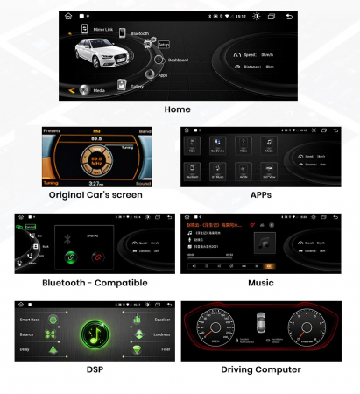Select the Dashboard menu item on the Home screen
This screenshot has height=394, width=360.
158,60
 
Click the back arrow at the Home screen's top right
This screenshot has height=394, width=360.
289,16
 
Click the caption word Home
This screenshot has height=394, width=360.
178,109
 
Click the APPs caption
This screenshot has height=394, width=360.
260,194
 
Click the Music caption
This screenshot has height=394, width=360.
260,283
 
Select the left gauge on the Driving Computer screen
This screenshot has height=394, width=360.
211,331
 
